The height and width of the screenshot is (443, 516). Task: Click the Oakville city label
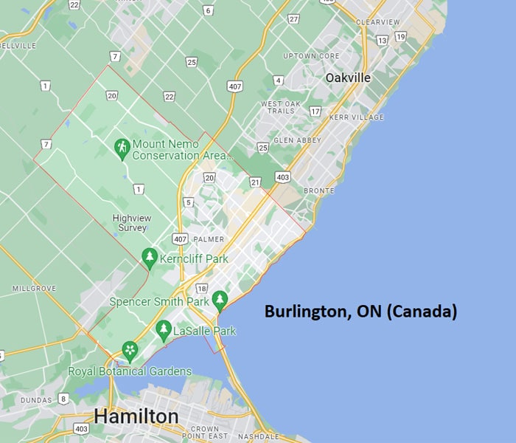tap(348, 78)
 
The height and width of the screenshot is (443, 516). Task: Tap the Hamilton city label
tap(136, 416)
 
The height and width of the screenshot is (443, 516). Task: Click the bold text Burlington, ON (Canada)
tap(360, 312)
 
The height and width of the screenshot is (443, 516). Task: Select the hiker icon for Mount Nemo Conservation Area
tap(122, 149)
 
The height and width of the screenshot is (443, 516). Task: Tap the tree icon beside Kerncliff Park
tap(150, 258)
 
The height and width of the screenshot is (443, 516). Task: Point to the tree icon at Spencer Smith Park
tap(220, 300)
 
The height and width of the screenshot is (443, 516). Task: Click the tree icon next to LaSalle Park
tap(164, 332)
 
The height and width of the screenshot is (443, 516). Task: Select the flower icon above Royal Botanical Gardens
tap(130, 350)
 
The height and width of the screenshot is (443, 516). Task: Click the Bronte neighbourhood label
tap(319, 190)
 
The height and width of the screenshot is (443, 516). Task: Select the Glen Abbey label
tap(294, 140)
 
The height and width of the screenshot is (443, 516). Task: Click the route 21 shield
tap(255, 182)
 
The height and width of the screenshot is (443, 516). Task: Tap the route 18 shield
tap(201, 288)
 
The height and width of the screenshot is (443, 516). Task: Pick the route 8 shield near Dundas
tap(63, 399)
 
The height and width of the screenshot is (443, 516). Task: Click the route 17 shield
tap(315, 111)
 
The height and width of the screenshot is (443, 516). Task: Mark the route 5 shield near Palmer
tap(189, 202)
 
